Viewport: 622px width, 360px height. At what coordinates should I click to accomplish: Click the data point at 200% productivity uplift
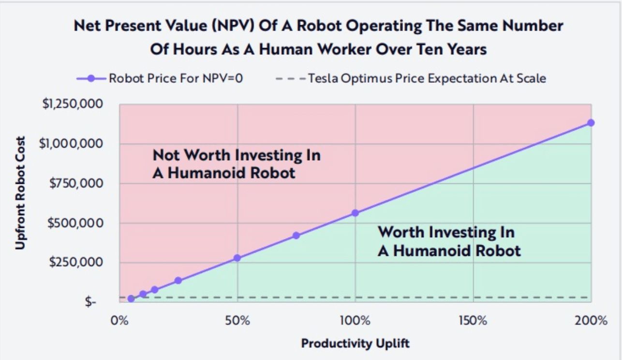point(591,122)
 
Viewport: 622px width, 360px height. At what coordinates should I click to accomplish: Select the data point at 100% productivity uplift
point(355,213)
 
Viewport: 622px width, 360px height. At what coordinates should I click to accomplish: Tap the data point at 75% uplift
point(296,235)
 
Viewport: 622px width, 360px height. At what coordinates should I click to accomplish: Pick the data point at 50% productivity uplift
point(237,258)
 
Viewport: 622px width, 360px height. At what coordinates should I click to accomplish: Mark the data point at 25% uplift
point(178,280)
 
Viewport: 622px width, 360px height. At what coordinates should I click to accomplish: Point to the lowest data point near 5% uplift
point(131,299)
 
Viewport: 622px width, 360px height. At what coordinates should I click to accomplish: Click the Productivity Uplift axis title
point(355,344)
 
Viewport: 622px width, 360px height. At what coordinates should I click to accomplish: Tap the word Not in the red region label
point(166,156)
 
